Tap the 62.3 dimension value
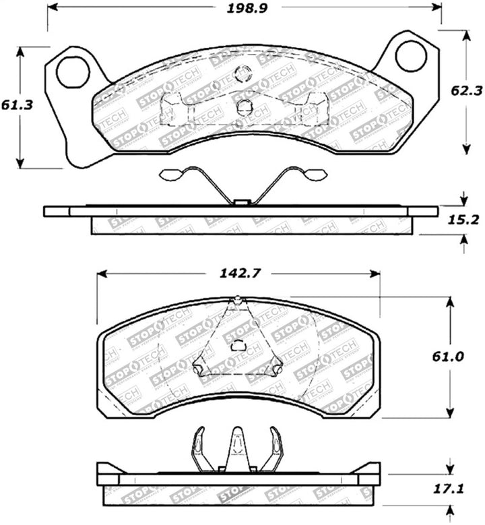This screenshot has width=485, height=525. (x=465, y=88)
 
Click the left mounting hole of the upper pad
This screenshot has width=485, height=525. (x=72, y=72)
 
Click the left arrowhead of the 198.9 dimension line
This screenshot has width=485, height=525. (x=53, y=8)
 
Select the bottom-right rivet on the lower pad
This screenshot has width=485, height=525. (x=276, y=368)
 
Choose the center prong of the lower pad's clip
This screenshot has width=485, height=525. (x=236, y=445)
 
